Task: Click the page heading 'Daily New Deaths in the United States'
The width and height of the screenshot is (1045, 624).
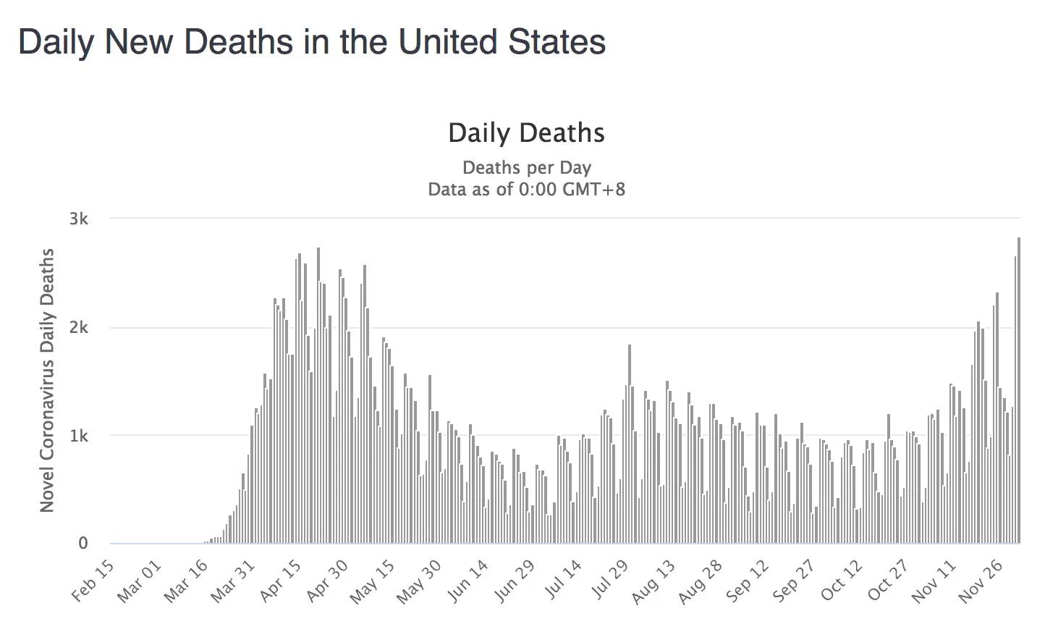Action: [312, 42]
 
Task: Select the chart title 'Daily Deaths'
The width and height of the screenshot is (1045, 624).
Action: [526, 133]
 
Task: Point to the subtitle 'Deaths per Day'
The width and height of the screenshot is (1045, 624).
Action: [526, 168]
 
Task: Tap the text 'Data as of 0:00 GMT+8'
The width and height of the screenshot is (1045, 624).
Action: [526, 190]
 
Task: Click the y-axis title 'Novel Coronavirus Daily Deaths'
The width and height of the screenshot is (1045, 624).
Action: [47, 380]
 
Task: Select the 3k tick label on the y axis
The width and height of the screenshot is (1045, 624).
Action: [78, 219]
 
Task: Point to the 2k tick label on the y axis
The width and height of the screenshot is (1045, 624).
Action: [78, 327]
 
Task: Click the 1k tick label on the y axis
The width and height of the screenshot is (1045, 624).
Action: [78, 436]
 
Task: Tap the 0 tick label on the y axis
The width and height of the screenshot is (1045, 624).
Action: [83, 544]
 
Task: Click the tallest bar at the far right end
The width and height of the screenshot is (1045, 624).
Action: [1019, 391]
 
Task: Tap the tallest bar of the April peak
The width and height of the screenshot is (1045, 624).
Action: [318, 395]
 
